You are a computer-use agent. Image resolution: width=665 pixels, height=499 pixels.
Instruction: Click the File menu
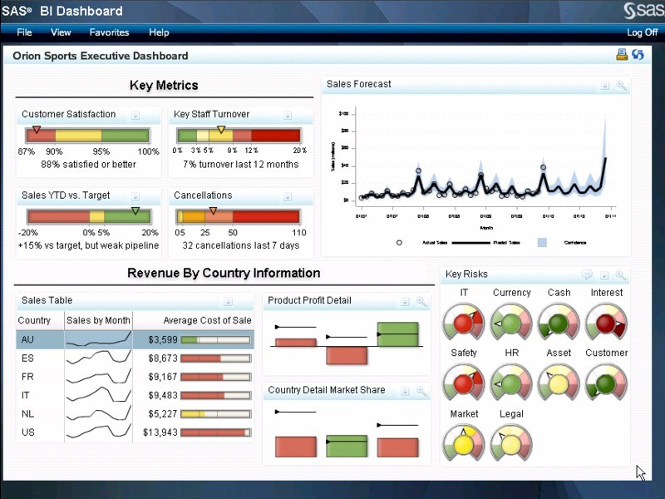tap(24, 32)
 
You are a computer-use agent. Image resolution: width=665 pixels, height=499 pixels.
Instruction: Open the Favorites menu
tap(109, 32)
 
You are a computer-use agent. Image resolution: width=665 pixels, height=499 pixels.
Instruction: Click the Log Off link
tap(642, 32)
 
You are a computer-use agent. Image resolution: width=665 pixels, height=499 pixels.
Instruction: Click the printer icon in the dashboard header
tap(621, 55)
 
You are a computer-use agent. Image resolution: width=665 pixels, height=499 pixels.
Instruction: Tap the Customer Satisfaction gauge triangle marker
tap(35, 131)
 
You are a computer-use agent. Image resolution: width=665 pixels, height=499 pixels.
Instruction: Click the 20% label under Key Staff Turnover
tap(299, 151)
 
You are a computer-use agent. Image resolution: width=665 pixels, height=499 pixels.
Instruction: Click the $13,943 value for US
tap(160, 432)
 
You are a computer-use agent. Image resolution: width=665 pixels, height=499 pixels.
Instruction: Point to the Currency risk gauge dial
tap(510, 321)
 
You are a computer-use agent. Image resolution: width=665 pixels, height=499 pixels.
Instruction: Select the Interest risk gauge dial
tap(606, 321)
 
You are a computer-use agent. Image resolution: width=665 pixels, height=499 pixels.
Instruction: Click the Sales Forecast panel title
tap(358, 84)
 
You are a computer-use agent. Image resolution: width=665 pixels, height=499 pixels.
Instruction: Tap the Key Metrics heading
tap(164, 85)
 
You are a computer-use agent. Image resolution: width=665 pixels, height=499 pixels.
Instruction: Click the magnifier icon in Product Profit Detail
tap(421, 302)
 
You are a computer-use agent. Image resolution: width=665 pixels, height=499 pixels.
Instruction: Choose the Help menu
tap(159, 32)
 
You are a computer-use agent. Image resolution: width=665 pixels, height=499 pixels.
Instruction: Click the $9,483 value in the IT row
tap(161, 396)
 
